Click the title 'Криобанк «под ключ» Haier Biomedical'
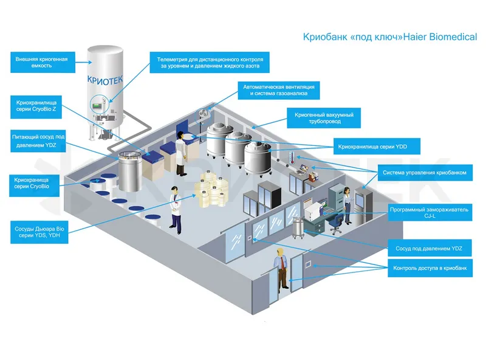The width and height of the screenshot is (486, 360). coord(389,37)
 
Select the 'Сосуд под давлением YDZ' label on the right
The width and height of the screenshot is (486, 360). coord(428,249)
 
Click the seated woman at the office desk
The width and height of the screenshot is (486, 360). coord(346,203)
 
